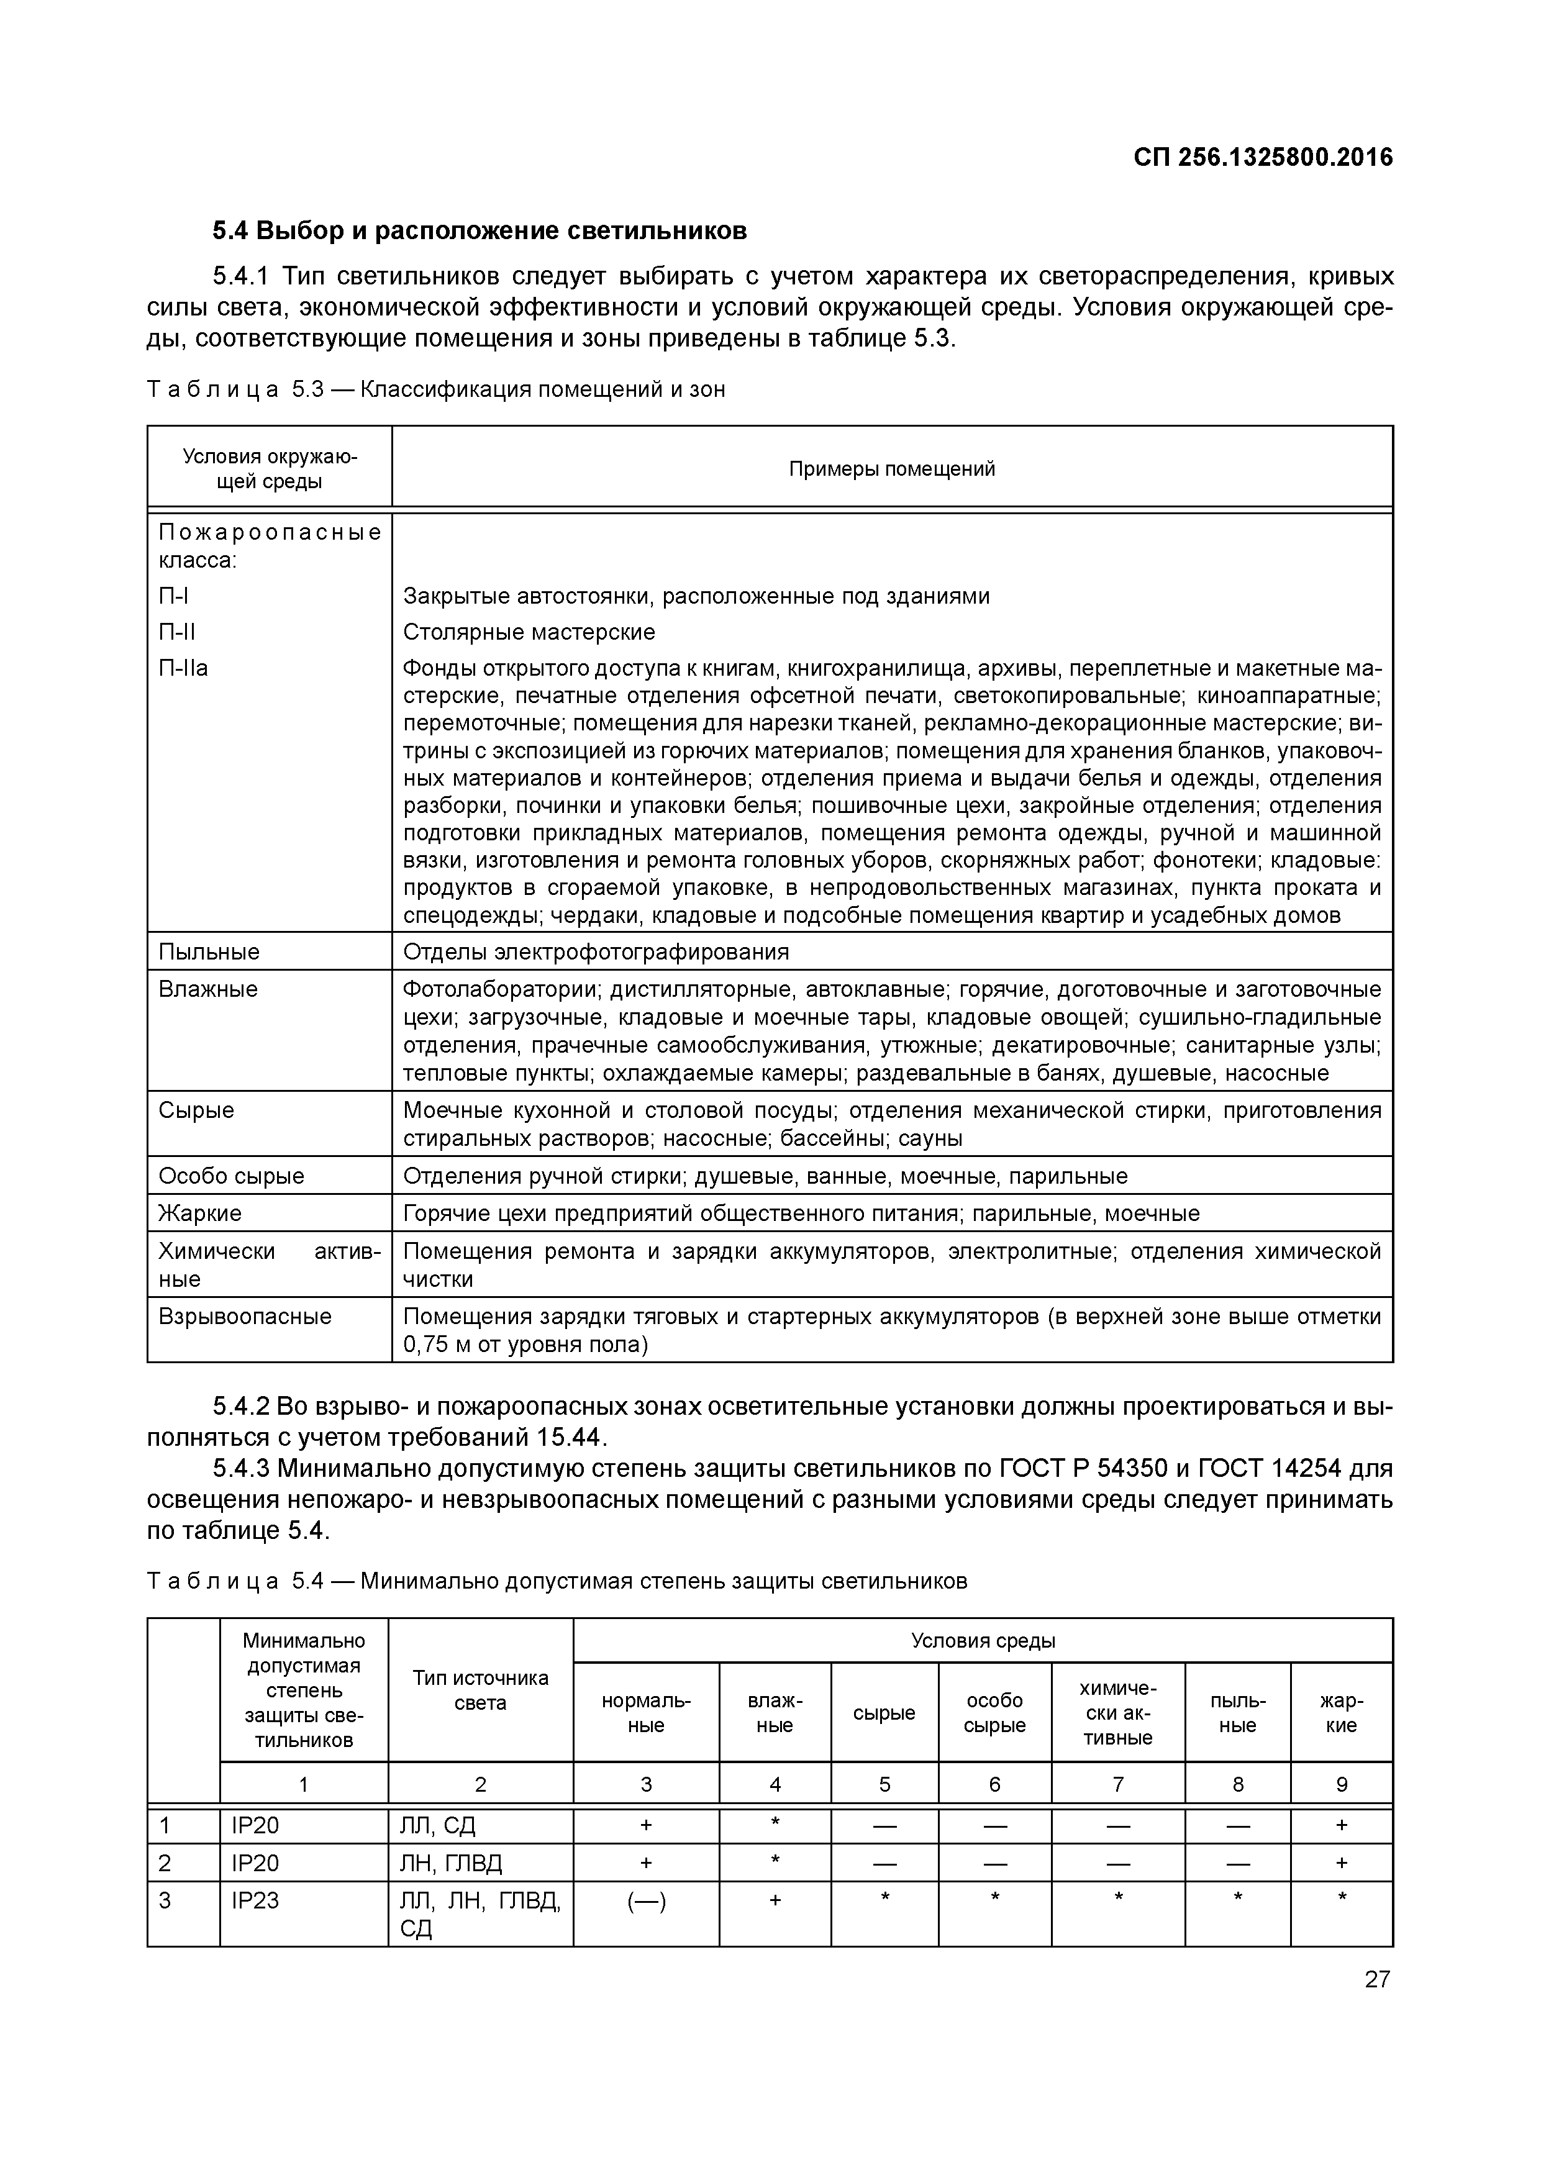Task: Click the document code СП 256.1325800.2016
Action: (1263, 158)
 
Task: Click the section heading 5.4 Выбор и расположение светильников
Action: (479, 230)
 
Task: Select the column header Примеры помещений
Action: (892, 469)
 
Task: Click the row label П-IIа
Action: (183, 668)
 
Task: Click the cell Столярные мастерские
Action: (529, 632)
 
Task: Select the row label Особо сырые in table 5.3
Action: (232, 1176)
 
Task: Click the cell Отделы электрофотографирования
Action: (596, 951)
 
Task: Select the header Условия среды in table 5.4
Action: (983, 1641)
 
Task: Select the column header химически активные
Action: (1118, 1713)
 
